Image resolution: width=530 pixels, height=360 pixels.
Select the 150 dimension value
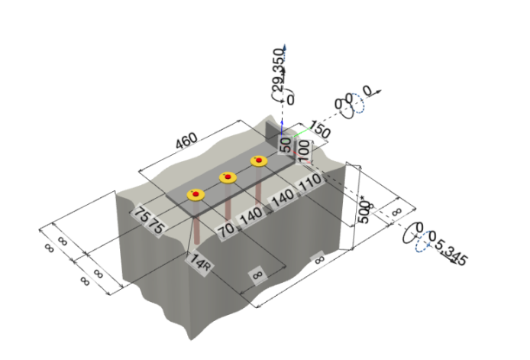[x=319, y=132]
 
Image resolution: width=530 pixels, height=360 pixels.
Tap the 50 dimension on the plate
[x=286, y=143]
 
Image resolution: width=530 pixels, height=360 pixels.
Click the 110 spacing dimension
[x=309, y=185]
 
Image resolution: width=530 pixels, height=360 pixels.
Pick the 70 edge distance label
[x=225, y=227]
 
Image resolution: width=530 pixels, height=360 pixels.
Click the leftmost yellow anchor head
[x=196, y=194]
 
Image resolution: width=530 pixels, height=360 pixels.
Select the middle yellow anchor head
[x=228, y=178]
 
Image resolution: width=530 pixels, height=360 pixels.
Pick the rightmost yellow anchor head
[x=259, y=161]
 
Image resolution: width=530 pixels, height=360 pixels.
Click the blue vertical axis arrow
[x=284, y=49]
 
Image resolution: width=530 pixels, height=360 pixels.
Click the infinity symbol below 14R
[x=257, y=274]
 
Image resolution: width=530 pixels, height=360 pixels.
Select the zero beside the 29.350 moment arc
[x=289, y=99]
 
